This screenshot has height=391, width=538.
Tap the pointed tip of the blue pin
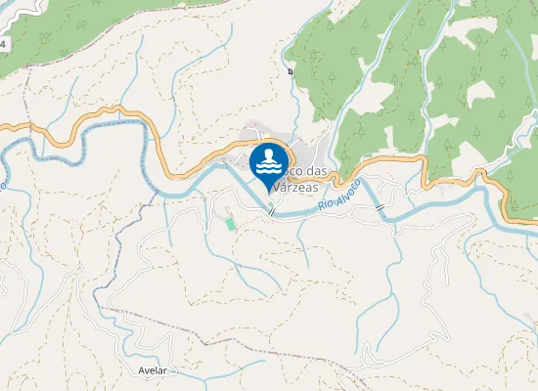tap(269, 191)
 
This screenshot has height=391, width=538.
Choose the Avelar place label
tap(153, 371)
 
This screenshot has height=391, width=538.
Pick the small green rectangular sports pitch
tap(230, 224)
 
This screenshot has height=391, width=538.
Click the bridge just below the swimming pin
tap(272, 209)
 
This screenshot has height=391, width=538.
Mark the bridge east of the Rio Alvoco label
tap(380, 209)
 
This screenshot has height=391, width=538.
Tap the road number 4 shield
tap(3, 45)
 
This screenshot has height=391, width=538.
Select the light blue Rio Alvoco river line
tap(440, 198)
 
